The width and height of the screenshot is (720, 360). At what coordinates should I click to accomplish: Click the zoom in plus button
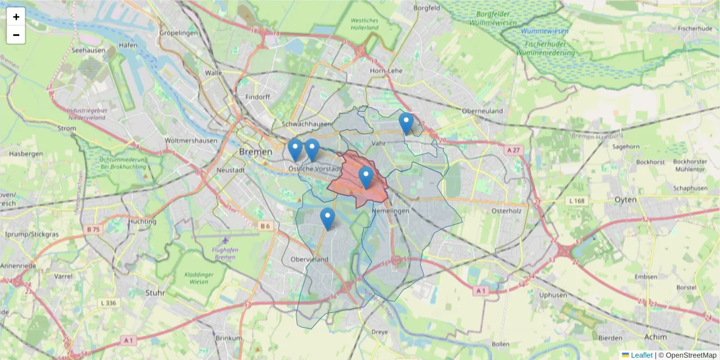16,17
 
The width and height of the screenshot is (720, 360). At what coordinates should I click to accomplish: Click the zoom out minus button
16,35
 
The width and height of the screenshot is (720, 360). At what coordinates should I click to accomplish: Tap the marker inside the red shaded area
366,178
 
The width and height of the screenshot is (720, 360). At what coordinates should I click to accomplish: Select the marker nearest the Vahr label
406,124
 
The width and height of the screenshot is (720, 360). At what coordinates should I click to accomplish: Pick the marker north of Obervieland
327,219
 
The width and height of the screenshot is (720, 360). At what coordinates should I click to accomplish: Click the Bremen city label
256,152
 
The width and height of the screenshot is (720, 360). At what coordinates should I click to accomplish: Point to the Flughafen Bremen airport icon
225,240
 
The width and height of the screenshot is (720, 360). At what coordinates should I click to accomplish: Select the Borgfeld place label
427,8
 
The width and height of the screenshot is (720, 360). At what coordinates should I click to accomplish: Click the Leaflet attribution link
641,355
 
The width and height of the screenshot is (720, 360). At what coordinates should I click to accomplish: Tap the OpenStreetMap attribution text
688,355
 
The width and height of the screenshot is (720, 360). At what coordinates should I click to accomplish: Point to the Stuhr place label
155,293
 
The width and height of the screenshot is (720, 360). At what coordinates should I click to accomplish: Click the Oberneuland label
482,111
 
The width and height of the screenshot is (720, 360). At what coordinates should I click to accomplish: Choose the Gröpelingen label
178,33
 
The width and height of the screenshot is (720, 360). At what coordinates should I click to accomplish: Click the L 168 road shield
577,200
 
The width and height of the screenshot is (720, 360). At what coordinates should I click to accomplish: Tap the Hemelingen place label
390,211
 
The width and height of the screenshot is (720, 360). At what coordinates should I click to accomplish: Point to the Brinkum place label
228,338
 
